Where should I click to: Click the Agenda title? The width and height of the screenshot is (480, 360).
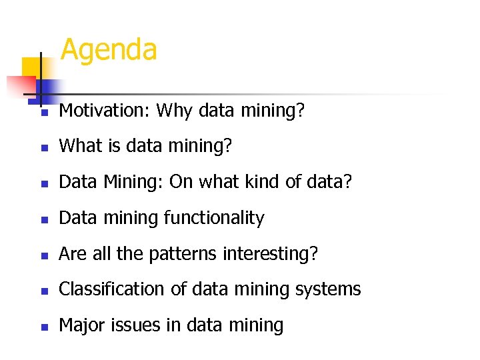point(109,50)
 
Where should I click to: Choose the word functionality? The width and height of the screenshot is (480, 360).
point(215,218)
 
